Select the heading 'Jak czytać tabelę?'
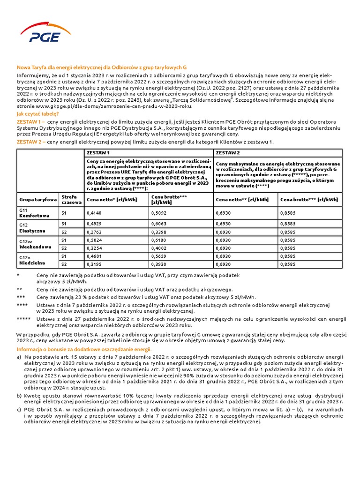tap(38, 114)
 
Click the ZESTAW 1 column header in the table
tap(98, 153)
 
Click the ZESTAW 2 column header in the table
tap(228, 153)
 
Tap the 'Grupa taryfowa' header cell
tap(34, 200)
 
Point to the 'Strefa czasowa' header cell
tap(69, 200)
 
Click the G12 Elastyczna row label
tap(32, 228)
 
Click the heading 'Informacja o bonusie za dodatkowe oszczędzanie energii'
tap(84, 350)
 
